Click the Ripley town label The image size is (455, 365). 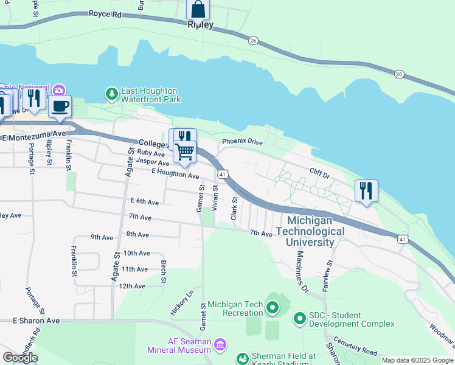tap(201, 26)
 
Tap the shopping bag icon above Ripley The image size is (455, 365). tap(198, 10)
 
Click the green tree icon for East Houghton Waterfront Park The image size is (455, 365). tap(111, 94)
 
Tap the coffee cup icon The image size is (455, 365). tap(60, 106)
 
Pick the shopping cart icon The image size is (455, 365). tap(184, 151)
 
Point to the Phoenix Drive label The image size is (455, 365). tap(242, 142)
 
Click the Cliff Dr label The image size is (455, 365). tap(319, 175)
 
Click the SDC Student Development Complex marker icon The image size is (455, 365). tap(299, 318)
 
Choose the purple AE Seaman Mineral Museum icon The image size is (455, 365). tap(220, 345)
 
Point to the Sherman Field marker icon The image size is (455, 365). tap(243, 359)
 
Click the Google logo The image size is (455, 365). tap(20, 357)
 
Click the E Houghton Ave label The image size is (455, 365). tap(175, 175)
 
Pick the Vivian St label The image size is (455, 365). tap(215, 199)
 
